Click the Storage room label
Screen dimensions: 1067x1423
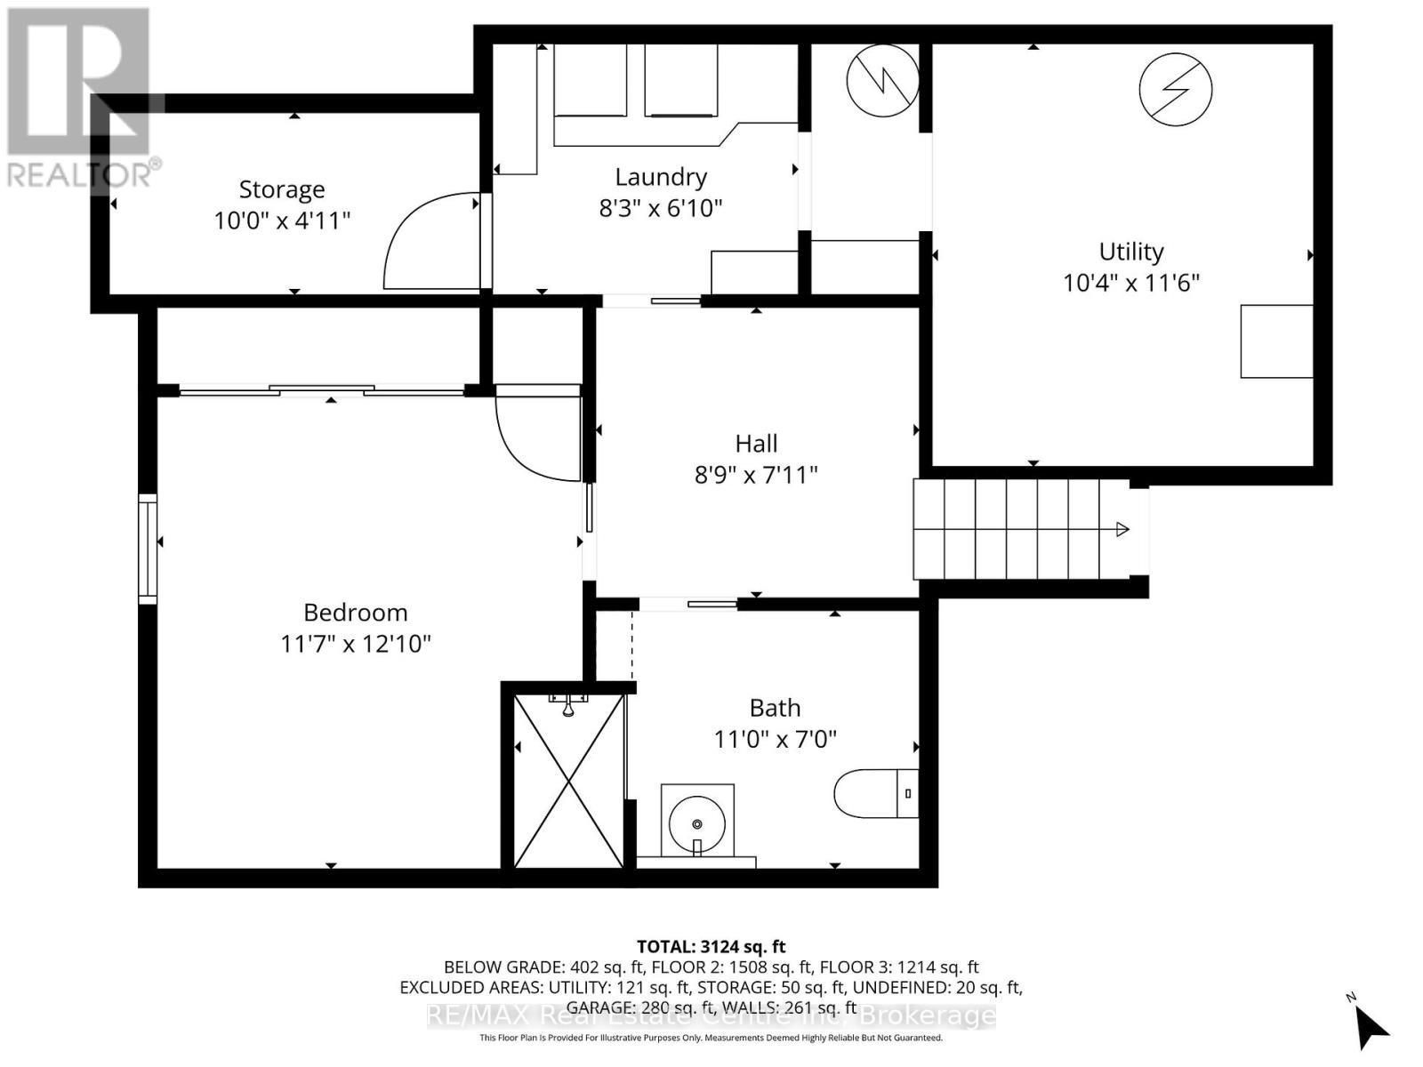[x=282, y=189]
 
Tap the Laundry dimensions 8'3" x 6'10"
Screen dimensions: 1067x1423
[x=660, y=208]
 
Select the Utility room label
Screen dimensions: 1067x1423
[x=1130, y=252]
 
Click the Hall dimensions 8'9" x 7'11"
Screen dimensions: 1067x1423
[x=756, y=475]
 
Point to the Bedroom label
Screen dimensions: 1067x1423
[x=356, y=613]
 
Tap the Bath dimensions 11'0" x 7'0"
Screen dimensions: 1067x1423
[x=776, y=739]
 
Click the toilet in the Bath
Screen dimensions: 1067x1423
[x=876, y=793]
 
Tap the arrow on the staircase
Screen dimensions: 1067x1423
[x=1122, y=530]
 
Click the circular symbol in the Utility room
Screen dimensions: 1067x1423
[x=1176, y=89]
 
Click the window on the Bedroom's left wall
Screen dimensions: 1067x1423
[x=148, y=549]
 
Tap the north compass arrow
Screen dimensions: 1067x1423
[x=1372, y=1029]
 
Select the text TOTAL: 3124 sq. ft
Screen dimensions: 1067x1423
[x=711, y=947]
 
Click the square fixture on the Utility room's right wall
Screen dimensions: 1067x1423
[x=1276, y=341]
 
